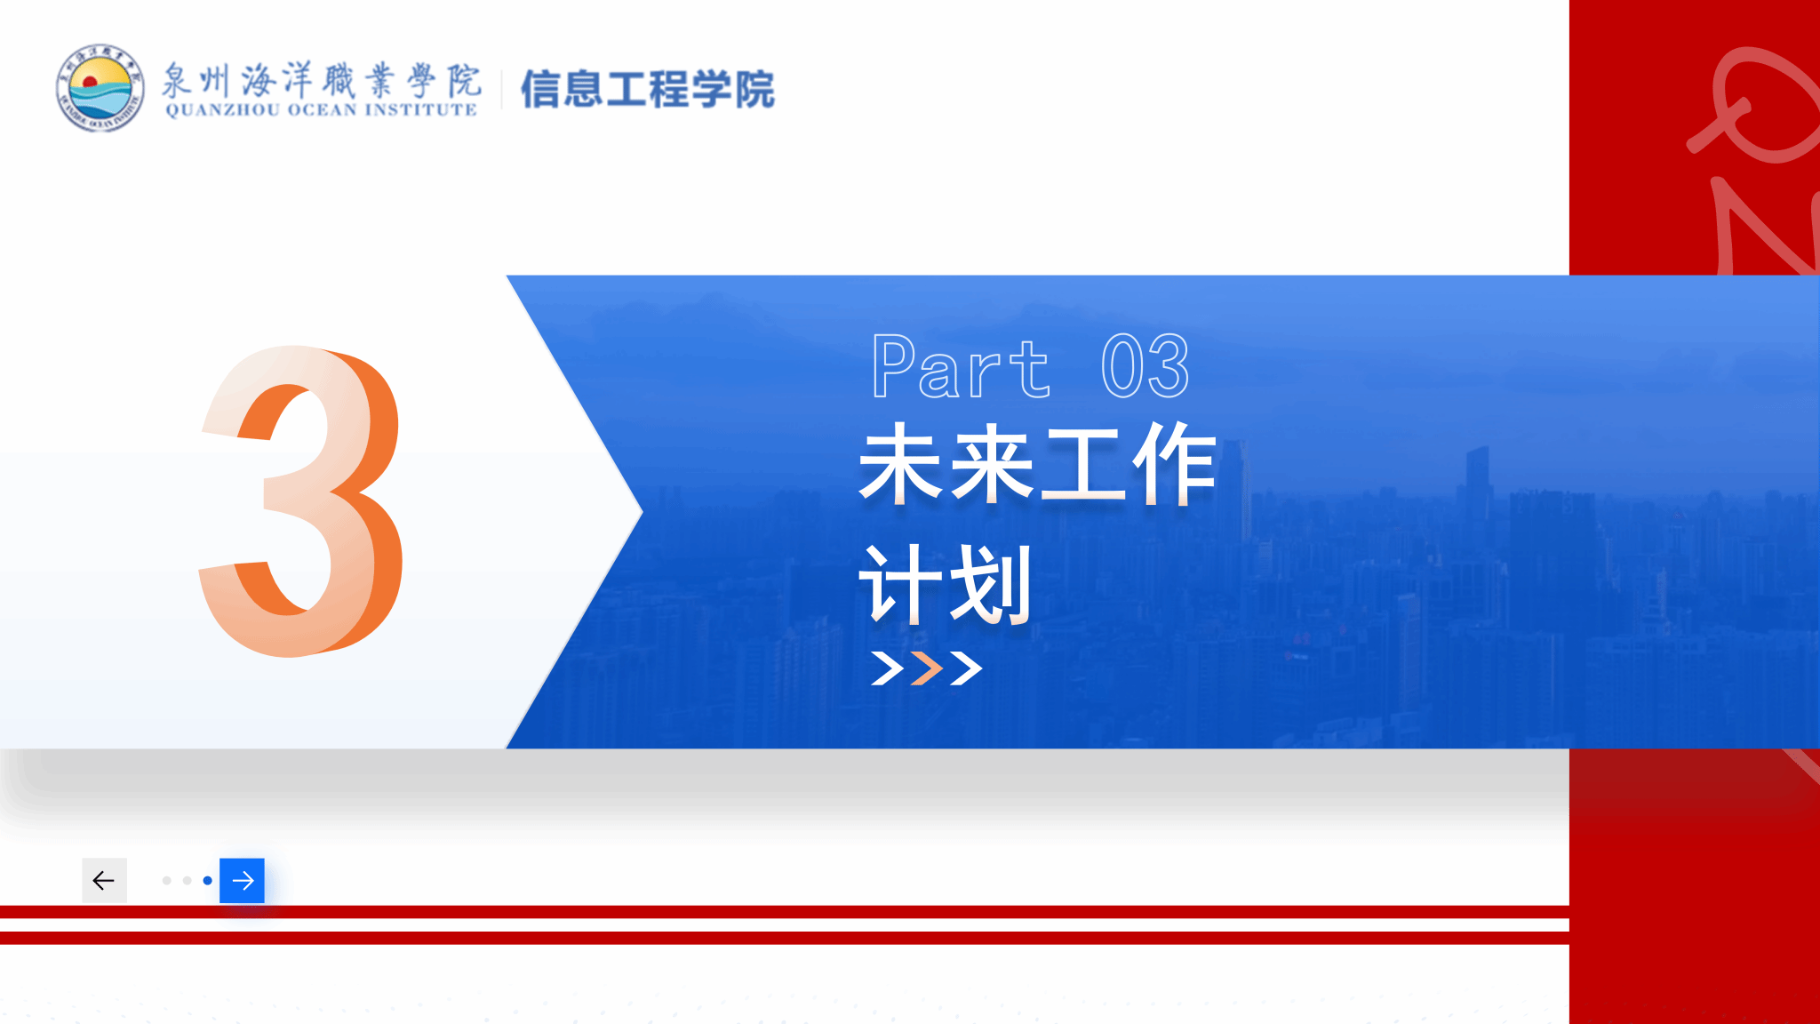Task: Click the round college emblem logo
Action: tap(100, 88)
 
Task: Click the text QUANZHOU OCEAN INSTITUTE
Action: tap(322, 110)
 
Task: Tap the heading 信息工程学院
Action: tap(647, 89)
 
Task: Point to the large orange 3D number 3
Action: tap(300, 501)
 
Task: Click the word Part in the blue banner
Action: tap(961, 366)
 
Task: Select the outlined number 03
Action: tap(1145, 366)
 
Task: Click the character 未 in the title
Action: tap(901, 464)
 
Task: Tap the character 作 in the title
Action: tap(1173, 464)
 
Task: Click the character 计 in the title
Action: tap(901, 585)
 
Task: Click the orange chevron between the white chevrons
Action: tap(927, 668)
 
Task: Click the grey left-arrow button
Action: tap(104, 880)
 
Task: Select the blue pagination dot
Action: tap(207, 880)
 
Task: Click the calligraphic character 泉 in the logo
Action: tap(178, 81)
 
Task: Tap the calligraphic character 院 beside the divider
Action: tap(464, 81)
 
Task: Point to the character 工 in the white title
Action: tap(1082, 464)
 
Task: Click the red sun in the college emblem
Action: tap(89, 82)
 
